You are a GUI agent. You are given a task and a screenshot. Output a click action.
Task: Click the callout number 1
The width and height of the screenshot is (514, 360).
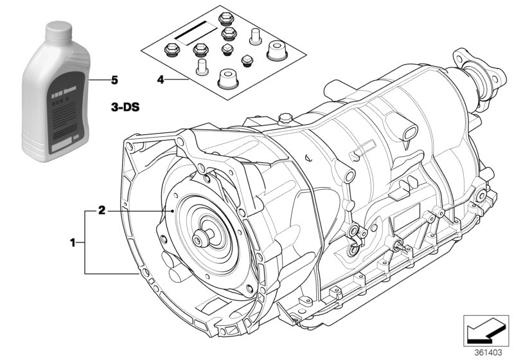(73, 242)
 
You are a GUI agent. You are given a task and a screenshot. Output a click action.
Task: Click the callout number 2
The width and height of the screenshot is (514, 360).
(101, 210)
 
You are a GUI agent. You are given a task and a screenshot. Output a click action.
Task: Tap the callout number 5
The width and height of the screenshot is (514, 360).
(114, 80)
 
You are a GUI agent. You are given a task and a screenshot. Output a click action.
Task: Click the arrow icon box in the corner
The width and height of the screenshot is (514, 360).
(486, 331)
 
